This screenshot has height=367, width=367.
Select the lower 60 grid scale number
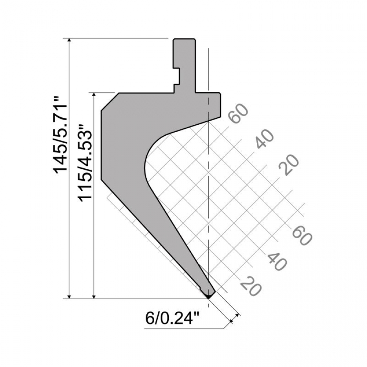point(302,234)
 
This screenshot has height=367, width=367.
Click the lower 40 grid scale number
point(277,260)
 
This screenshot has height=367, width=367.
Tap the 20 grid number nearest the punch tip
point(251,285)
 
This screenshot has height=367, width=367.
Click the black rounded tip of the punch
point(209,294)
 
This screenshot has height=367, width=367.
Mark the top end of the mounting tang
point(184,40)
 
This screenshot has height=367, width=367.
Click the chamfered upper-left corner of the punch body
point(110,101)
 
